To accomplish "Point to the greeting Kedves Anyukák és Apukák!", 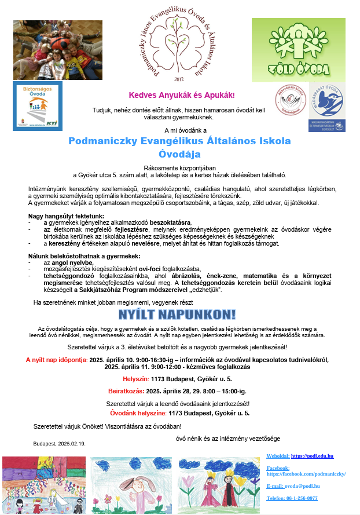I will (x=182, y=94).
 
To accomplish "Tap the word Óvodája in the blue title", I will (x=179, y=154).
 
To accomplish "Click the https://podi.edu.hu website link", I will (x=312, y=456).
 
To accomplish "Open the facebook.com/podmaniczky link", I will (x=306, y=474).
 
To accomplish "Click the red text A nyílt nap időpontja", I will (x=56, y=360).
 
